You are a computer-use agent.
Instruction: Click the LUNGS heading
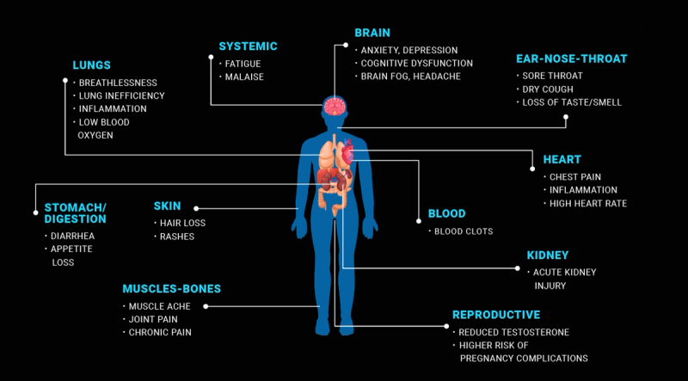point(91,65)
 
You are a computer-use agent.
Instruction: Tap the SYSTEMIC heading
point(248,46)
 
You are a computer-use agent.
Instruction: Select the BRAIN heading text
point(372,33)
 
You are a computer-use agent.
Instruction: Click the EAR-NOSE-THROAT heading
point(571,58)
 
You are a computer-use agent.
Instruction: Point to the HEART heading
point(562,159)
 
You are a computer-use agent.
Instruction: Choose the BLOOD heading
point(446,213)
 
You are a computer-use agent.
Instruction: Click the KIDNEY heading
point(548,255)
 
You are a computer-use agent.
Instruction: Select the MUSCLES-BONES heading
point(171,288)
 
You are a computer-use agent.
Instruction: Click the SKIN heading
point(167,206)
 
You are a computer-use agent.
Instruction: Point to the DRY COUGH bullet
point(549,89)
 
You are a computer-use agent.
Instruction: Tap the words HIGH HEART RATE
point(587,204)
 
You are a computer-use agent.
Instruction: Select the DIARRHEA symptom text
point(69,236)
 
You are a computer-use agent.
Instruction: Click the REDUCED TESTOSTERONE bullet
point(513,332)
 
